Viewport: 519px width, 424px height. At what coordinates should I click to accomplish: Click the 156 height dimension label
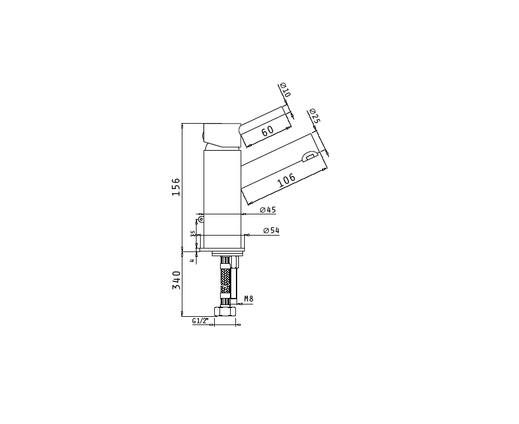(x=176, y=187)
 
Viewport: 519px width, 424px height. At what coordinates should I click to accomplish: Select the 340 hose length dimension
(x=177, y=280)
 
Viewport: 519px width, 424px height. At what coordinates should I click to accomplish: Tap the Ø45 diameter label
(x=268, y=210)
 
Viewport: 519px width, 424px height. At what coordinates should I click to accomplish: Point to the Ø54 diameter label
(x=271, y=230)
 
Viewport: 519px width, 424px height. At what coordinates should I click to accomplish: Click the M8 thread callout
(x=249, y=299)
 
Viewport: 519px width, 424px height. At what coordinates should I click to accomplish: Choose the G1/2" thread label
(x=201, y=320)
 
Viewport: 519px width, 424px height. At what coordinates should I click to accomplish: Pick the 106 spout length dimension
(x=287, y=180)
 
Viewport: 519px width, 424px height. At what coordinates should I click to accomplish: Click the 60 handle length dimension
(x=267, y=130)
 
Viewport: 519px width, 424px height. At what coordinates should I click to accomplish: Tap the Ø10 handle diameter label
(x=285, y=90)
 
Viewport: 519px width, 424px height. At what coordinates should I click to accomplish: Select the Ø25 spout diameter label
(x=314, y=115)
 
